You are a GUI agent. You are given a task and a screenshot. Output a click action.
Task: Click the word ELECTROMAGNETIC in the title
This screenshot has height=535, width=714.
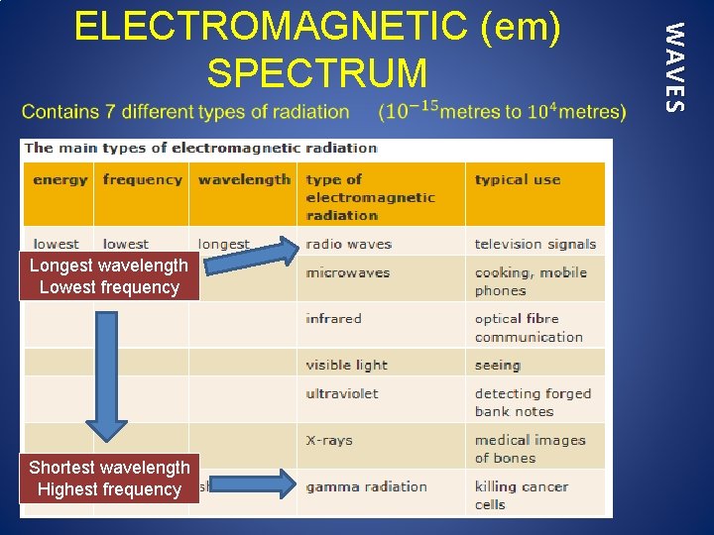coord(271,28)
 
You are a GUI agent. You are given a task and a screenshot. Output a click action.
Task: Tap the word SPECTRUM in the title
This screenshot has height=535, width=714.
coord(317,73)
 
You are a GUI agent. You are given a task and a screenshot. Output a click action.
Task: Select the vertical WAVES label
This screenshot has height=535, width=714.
coord(674,67)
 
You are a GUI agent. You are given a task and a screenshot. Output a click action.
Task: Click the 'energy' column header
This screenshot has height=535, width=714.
coord(59,179)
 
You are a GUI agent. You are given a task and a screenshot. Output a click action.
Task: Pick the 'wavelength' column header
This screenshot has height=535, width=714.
coord(244,179)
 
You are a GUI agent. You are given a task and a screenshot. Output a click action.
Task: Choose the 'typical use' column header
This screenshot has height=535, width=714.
coord(517,179)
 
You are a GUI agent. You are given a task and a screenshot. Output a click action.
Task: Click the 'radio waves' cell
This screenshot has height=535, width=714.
coord(348,244)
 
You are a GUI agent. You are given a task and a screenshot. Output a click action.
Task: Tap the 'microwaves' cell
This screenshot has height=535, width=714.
coord(347,272)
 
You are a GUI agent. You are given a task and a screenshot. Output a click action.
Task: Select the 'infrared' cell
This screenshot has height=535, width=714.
coord(333,318)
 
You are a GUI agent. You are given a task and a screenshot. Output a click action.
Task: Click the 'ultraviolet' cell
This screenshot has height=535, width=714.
coord(341,393)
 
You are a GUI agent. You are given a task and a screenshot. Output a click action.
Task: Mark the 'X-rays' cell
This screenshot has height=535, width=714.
coord(329,440)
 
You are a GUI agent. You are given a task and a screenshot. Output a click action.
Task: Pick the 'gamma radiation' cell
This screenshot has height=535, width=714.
coord(366,486)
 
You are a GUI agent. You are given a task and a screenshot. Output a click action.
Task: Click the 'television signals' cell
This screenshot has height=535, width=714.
coord(535,244)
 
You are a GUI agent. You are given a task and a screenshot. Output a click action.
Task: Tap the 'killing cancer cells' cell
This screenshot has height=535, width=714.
coord(521,495)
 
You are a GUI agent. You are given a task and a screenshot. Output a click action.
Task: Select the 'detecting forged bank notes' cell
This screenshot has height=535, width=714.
coord(532,402)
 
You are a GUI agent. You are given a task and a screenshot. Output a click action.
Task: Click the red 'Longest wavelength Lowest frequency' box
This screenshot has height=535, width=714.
coord(109,276)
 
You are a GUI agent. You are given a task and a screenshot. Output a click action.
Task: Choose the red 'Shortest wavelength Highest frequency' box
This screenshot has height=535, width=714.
coord(109,479)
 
